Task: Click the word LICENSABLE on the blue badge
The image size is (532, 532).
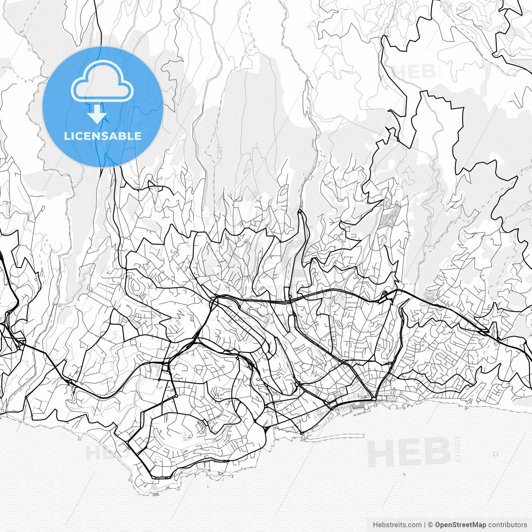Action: (103, 136)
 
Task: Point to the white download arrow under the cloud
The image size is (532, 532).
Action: (97, 114)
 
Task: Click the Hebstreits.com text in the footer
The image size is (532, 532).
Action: (397, 525)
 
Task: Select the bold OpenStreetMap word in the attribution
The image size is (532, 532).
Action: (461, 525)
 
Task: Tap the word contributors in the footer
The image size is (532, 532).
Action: (507, 525)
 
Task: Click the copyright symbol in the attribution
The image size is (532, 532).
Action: (431, 525)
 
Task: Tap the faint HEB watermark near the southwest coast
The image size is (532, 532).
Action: (102, 452)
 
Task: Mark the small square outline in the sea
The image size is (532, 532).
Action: (495, 454)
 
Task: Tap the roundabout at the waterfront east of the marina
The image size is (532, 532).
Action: (374, 399)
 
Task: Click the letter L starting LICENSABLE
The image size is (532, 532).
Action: (67, 136)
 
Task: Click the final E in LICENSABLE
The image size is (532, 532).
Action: (138, 136)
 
